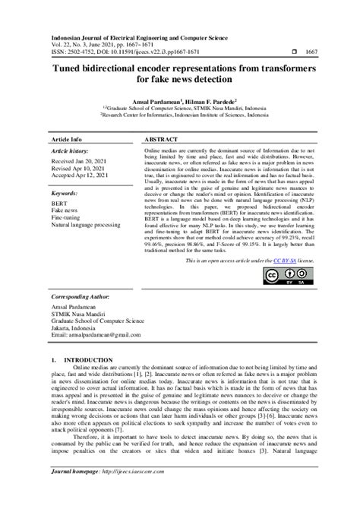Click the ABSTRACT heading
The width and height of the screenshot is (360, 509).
pyautogui.click(x=161, y=141)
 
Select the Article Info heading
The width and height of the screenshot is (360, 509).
pyautogui.click(x=65, y=141)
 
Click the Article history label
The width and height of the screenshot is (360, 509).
pyautogui.click(x=73, y=152)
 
